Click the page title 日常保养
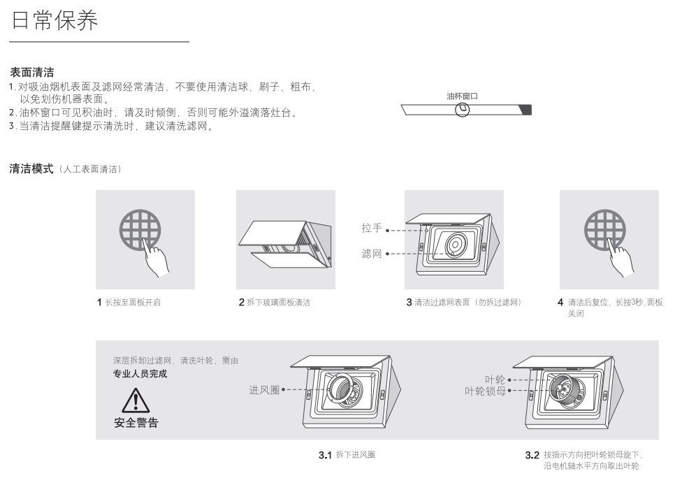[55, 20]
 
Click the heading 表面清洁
[32, 72]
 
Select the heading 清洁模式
[31, 168]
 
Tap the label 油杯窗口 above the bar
[462, 96]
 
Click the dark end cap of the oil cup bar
[526, 110]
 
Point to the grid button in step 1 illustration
[140, 230]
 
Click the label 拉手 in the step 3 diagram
[372, 228]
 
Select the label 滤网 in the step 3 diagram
[372, 254]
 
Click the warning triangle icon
[136, 400]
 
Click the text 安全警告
[136, 423]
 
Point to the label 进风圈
[264, 390]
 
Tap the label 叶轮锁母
[485, 391]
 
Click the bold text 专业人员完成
[140, 374]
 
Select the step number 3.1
[325, 455]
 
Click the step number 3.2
[532, 455]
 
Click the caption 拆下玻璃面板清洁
[279, 302]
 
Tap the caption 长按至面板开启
[133, 302]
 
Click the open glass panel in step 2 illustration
[272, 233]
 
